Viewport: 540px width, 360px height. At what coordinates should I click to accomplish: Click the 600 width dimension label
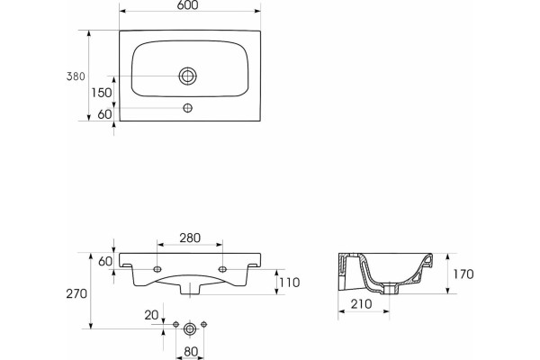click(189, 5)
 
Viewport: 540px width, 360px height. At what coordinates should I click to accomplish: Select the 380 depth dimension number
click(76, 76)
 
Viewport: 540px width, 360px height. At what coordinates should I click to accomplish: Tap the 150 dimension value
click(102, 93)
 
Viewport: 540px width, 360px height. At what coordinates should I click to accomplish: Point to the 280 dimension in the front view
click(190, 238)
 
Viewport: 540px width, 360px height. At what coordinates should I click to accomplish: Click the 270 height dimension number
click(76, 294)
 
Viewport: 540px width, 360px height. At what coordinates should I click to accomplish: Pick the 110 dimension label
click(290, 283)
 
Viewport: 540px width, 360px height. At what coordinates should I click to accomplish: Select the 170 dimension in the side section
click(463, 274)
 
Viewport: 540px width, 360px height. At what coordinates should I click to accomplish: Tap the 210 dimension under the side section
click(361, 304)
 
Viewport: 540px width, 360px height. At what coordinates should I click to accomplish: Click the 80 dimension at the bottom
click(191, 352)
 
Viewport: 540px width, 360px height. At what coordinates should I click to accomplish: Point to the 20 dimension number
click(151, 315)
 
